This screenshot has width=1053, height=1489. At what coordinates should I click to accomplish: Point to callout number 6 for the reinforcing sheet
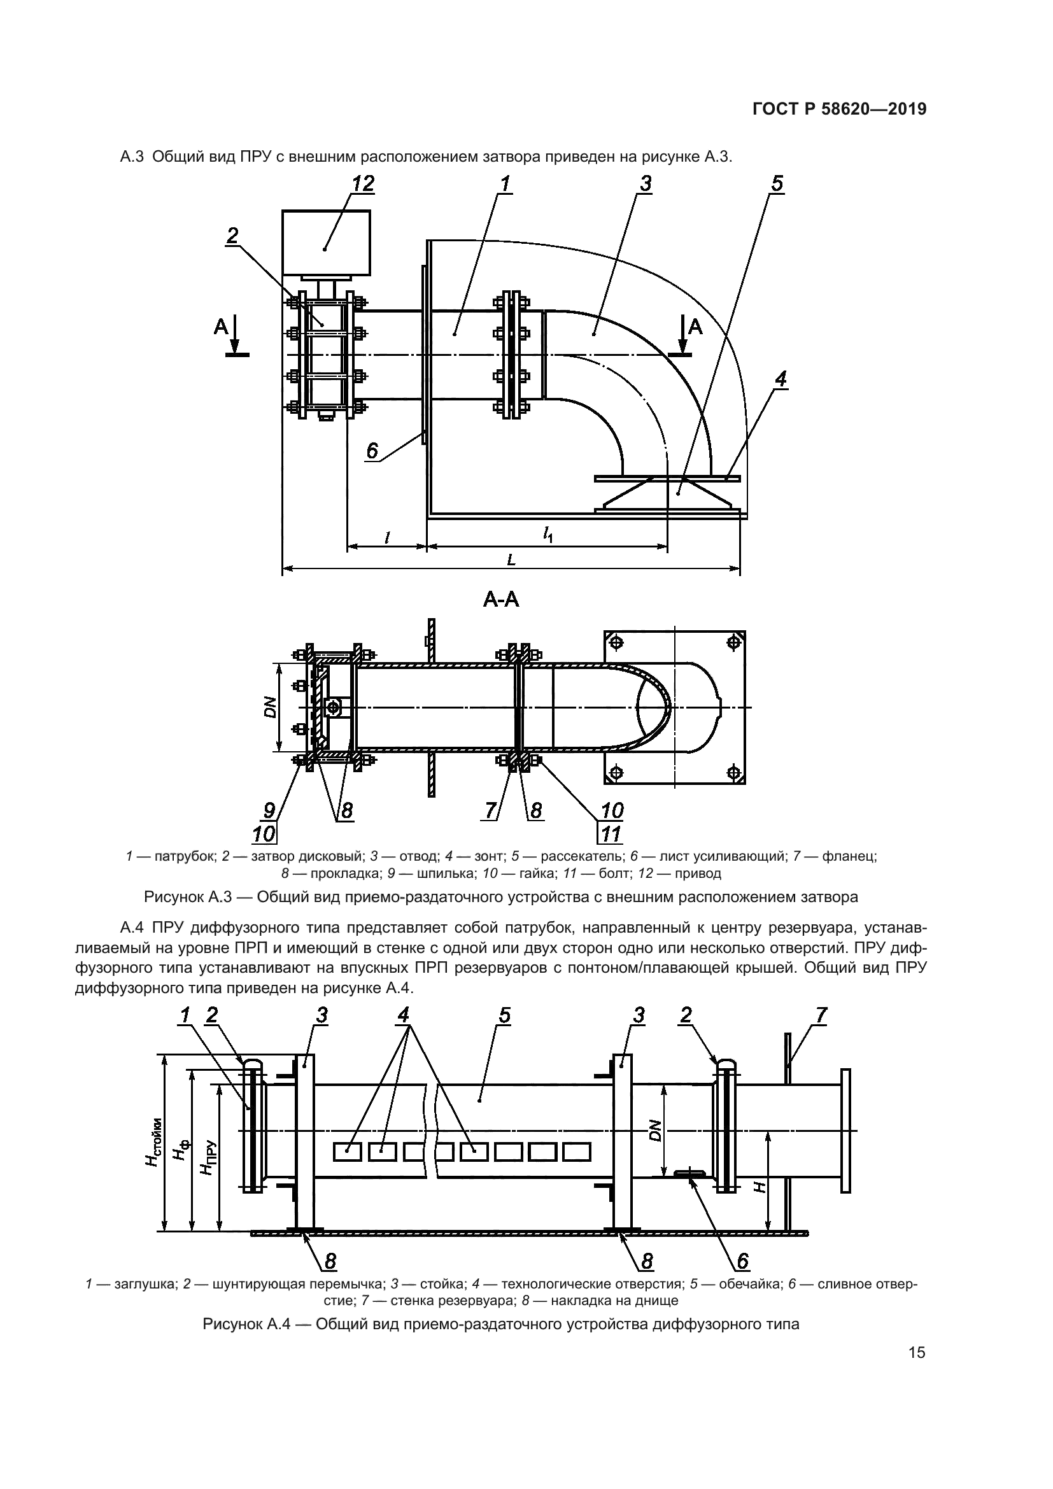[x=372, y=451]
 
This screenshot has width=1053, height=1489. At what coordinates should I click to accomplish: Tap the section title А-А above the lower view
[x=501, y=600]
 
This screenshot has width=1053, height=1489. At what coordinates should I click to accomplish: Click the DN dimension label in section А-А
[x=271, y=707]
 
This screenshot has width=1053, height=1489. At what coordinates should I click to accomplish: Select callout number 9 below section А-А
[x=269, y=810]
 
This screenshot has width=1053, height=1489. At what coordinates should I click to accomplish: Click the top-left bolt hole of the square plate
[x=617, y=643]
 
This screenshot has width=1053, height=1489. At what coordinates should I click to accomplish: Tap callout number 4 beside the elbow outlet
[x=781, y=379]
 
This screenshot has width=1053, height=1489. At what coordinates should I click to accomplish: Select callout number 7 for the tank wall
[x=821, y=1015]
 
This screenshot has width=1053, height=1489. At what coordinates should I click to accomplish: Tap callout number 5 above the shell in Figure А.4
[x=504, y=1015]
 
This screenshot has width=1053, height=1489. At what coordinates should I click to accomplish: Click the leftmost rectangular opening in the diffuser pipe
[x=348, y=1152]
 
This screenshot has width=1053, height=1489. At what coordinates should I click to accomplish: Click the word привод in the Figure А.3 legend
[x=698, y=873]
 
